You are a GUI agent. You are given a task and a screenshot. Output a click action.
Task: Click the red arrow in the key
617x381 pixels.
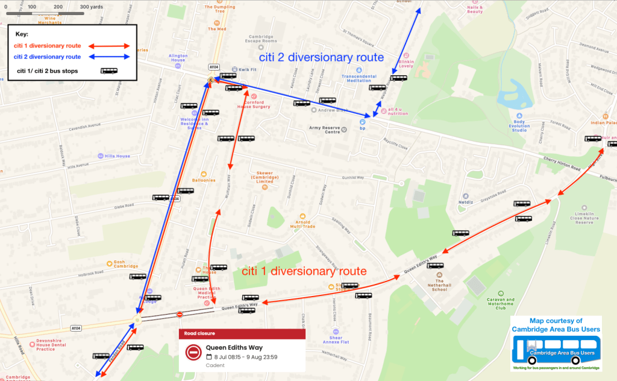(110, 46)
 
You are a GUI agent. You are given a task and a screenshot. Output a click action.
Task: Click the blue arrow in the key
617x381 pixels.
(110, 57)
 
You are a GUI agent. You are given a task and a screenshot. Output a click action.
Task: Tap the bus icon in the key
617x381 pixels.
(109, 71)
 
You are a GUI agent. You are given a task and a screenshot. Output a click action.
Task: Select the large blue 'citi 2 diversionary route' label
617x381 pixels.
(321, 58)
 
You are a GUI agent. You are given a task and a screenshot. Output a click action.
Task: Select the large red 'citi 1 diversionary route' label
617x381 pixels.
(304, 271)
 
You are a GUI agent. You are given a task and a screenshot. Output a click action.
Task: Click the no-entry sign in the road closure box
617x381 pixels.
(193, 351)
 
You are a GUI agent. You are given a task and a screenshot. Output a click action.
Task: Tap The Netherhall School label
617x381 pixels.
(439, 285)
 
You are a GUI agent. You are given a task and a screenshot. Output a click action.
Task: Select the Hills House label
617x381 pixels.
(117, 156)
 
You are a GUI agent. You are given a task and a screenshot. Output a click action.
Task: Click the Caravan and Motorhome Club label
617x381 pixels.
(501, 303)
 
